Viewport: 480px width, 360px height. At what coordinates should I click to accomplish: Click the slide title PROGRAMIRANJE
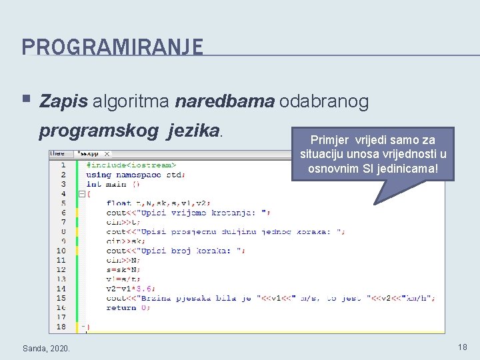tap(112, 47)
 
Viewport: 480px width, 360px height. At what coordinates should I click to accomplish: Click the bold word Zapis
tap(63, 101)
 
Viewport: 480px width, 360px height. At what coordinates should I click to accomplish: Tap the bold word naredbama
tap(224, 101)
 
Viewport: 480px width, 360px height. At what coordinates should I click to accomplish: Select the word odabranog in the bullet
tap(324, 101)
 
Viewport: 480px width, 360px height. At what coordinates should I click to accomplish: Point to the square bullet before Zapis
tap(25, 100)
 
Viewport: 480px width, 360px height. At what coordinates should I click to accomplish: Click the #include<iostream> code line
tap(131, 165)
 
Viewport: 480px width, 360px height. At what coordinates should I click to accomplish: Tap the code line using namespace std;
tap(136, 175)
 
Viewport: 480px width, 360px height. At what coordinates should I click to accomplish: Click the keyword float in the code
tap(119, 203)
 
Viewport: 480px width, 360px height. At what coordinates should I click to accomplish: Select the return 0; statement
tap(121, 307)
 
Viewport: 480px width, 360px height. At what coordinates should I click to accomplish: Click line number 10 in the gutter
tap(61, 251)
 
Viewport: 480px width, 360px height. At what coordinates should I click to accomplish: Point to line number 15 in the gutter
tap(61, 298)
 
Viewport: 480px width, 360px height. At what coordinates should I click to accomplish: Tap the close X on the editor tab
tap(107, 154)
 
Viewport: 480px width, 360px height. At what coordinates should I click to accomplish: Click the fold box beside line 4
tap(81, 194)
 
